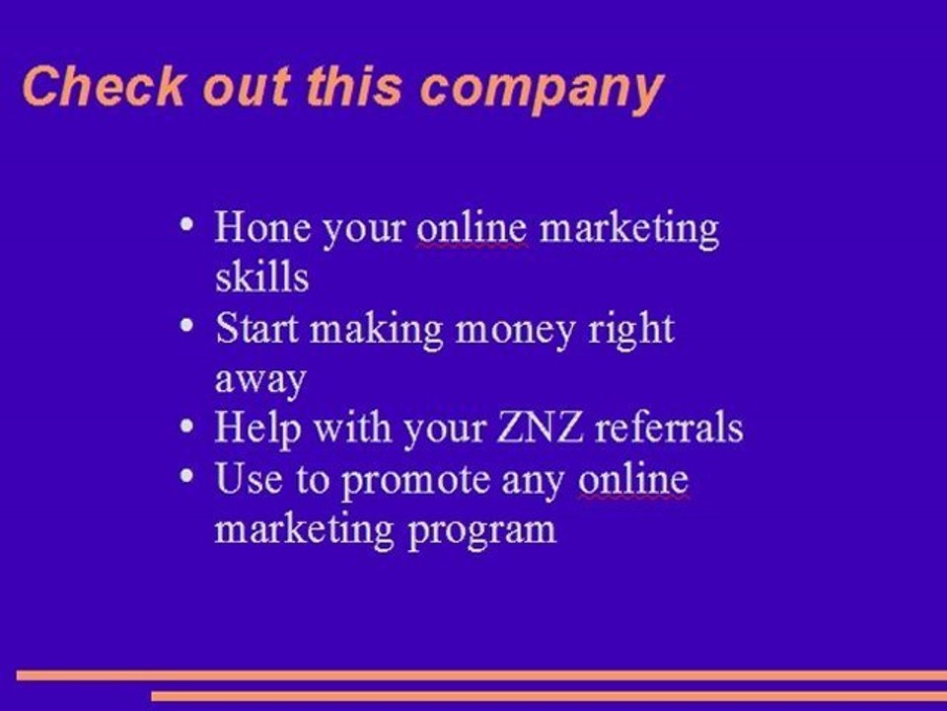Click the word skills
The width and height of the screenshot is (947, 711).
[x=261, y=277]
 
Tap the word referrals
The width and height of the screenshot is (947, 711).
[x=670, y=429]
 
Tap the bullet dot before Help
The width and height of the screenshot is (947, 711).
[x=187, y=425]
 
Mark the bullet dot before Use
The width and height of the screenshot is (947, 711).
[x=187, y=475]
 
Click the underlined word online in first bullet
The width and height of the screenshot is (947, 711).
[x=472, y=227]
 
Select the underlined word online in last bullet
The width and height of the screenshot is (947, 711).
[x=632, y=479]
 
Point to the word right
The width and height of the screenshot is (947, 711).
[x=630, y=329]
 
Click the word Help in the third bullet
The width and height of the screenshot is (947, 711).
[x=257, y=429]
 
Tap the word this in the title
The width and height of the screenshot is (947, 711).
[x=352, y=87]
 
